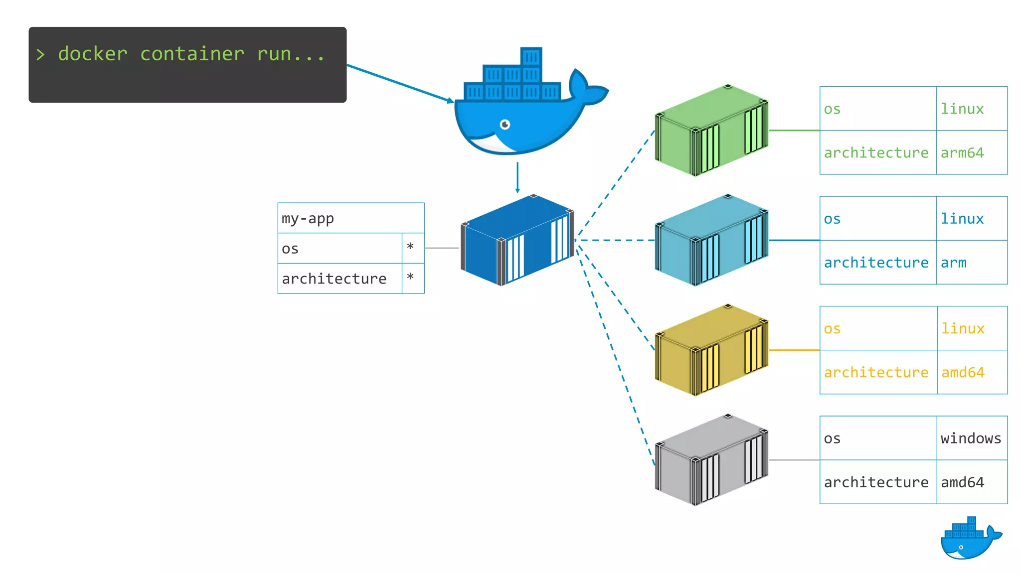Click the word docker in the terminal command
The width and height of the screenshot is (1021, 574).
tap(93, 54)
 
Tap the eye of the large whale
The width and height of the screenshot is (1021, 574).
tap(505, 125)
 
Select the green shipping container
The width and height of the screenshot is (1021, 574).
tap(711, 131)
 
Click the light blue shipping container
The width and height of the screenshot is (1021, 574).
tap(711, 240)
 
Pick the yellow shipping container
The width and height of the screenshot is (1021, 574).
tap(711, 350)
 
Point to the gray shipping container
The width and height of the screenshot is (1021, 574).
tap(711, 460)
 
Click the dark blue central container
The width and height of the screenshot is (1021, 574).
tap(517, 241)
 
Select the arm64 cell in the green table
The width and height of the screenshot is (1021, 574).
tap(962, 152)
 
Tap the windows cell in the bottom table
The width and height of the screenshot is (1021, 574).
tap(971, 438)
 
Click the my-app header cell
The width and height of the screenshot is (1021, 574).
tap(350, 218)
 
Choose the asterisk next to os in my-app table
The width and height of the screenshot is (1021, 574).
tap(410, 247)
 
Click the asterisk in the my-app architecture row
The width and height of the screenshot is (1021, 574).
tap(410, 277)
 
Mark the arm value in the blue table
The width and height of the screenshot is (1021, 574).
tap(953, 263)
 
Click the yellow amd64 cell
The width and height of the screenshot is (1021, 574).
tap(963, 373)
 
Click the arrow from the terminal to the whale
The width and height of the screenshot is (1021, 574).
tap(399, 83)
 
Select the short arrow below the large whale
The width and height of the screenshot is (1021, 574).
tap(517, 177)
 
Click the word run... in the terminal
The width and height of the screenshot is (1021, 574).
tap(291, 54)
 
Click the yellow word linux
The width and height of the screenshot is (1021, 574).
tap(963, 329)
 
